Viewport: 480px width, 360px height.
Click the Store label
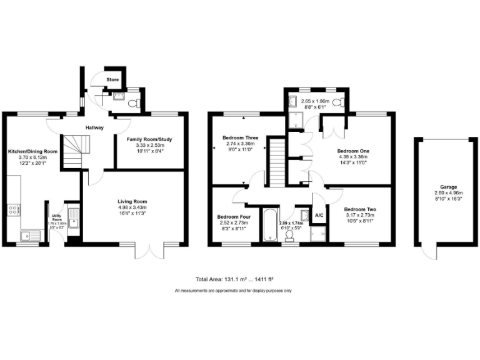(112, 80)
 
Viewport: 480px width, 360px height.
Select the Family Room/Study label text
(149, 138)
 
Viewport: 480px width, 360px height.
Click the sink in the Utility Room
(73, 219)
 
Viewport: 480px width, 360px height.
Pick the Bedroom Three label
(240, 137)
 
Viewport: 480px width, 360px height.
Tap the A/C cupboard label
(319, 216)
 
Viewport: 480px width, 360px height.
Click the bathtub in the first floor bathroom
(269, 226)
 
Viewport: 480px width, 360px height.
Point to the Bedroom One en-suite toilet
(337, 102)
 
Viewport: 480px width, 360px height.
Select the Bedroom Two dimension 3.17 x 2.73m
(359, 216)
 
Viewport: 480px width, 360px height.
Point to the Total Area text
(232, 280)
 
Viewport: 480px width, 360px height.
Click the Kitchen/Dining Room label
(32, 152)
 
